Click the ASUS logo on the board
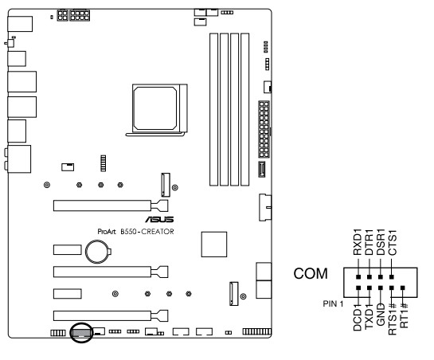tap(159, 219)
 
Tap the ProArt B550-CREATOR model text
tap(135, 232)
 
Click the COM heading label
tap(311, 274)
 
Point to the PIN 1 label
tap(333, 303)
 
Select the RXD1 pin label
tap(358, 242)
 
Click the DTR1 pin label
tap(369, 242)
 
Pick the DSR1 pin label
tap(381, 242)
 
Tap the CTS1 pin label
tap(393, 243)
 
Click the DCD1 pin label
tap(358, 316)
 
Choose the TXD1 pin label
tap(369, 315)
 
